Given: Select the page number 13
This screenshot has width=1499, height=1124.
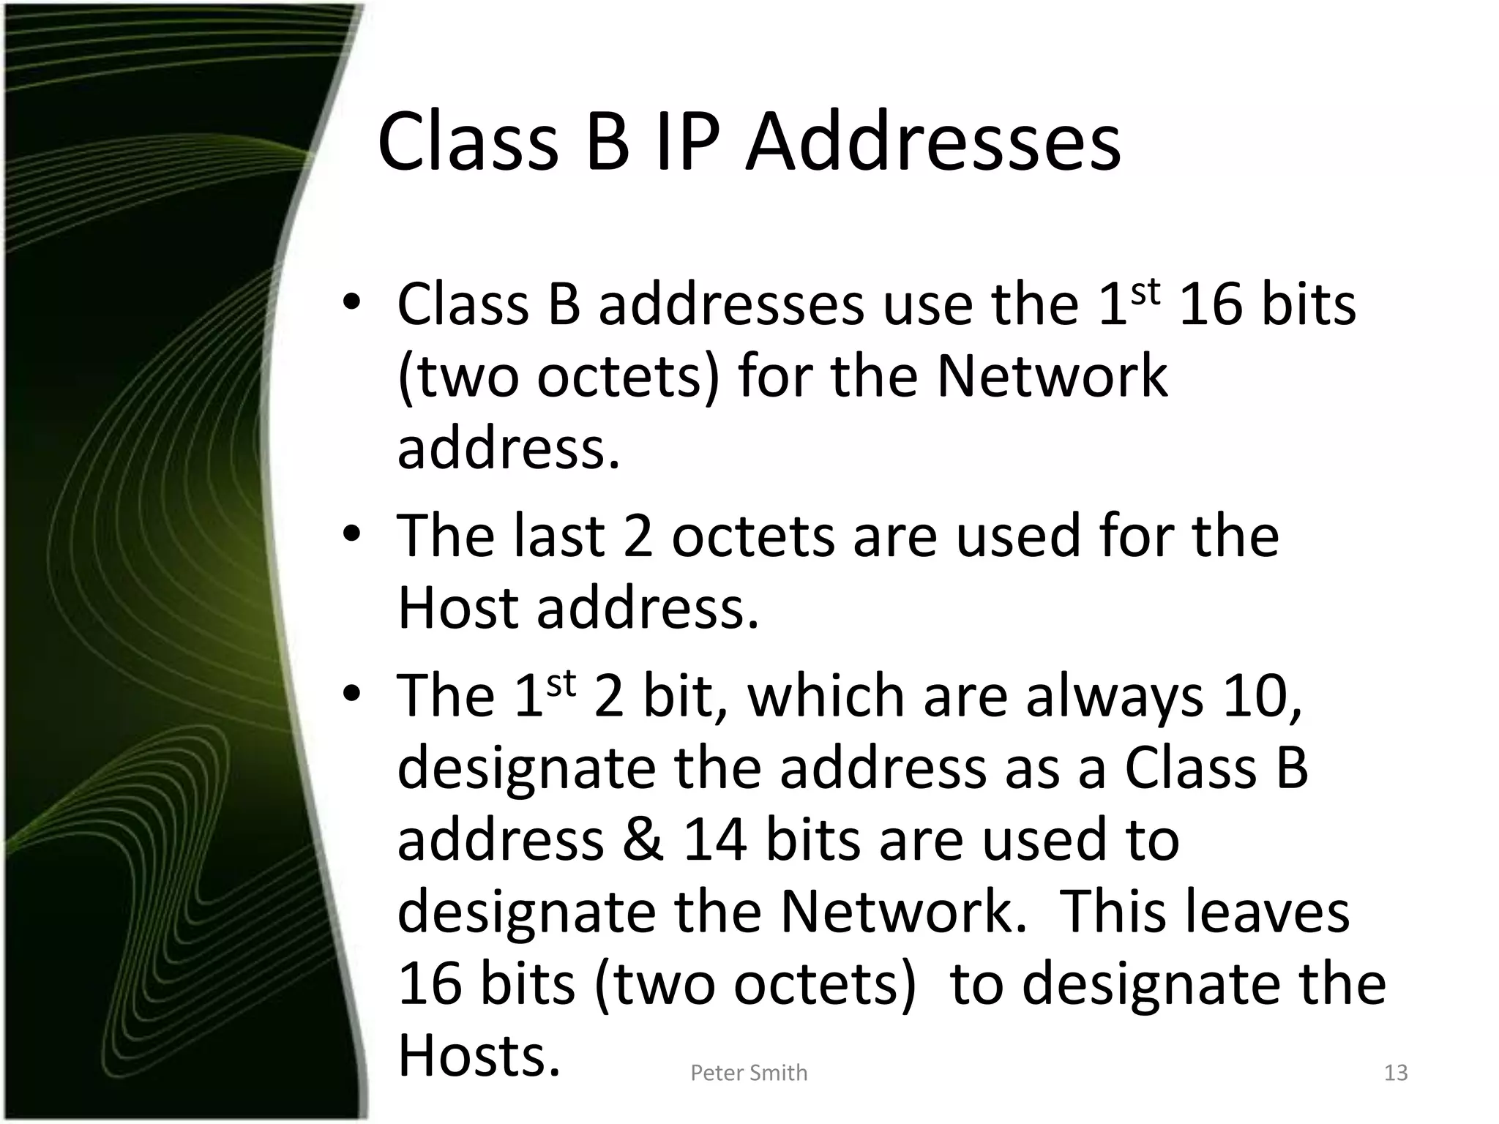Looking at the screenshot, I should click(x=1396, y=1073).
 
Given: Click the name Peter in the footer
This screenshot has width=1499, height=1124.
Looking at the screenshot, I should click(x=717, y=1073).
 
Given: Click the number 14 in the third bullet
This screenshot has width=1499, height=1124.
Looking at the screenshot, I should click(x=715, y=839).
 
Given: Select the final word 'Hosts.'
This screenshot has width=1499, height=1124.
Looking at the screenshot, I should click(x=479, y=1055).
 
